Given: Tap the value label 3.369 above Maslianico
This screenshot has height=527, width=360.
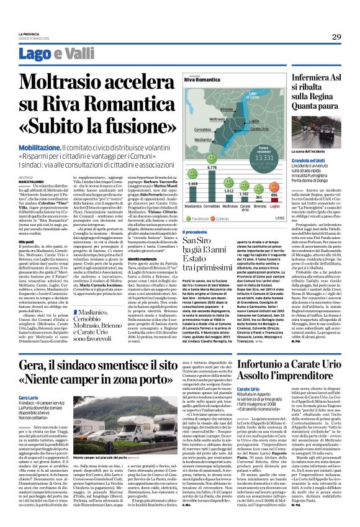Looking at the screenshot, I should pos(192,184).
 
